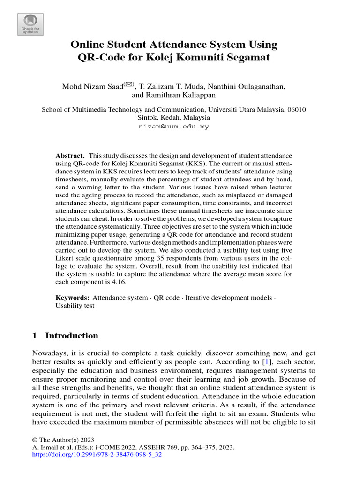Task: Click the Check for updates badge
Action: [x=30, y=23]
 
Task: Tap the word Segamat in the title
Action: [x=249, y=59]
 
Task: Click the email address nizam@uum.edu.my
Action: [x=174, y=127]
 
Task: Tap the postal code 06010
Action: [x=296, y=110]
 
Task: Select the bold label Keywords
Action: [x=72, y=297]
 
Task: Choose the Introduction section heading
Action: [x=72, y=336]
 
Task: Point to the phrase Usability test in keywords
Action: [x=75, y=306]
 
